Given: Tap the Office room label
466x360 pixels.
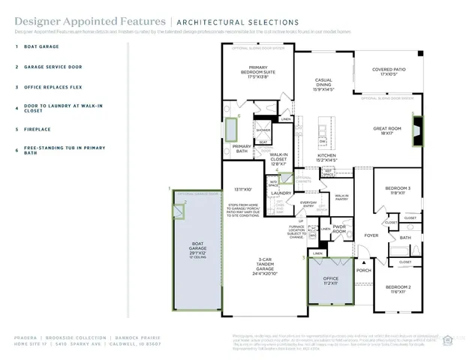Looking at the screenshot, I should click(330, 280).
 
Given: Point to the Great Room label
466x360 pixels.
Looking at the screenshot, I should click(388, 130).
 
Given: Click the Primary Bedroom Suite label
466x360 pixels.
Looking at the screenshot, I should click(258, 72).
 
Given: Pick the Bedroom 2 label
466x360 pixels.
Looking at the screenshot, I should click(398, 288).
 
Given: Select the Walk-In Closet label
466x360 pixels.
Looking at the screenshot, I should click(278, 157).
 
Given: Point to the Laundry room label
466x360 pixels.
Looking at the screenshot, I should click(281, 193).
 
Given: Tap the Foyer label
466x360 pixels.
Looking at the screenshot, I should click(371, 235).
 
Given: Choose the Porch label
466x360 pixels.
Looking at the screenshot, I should click(363, 271).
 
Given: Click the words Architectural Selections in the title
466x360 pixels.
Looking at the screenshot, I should click(212, 21).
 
